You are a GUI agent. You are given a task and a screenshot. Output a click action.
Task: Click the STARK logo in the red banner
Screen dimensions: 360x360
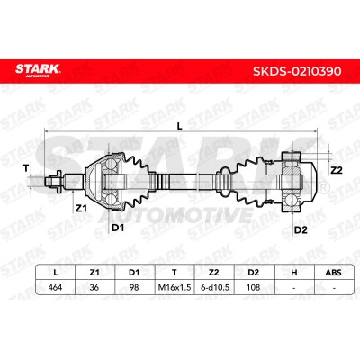pyautogui.click(x=38, y=70)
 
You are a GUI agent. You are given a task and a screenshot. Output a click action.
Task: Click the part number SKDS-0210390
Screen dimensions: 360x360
pyautogui.click(x=297, y=71)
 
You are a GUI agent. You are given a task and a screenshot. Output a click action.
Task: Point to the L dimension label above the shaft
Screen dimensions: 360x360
pyautogui.click(x=179, y=126)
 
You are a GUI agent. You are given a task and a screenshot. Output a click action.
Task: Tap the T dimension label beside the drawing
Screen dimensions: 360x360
pyautogui.click(x=26, y=168)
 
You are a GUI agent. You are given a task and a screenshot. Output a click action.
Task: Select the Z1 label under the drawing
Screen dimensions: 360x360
pyautogui.click(x=81, y=208)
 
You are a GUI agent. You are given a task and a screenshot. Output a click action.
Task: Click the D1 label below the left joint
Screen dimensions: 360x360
pyautogui.click(x=118, y=228)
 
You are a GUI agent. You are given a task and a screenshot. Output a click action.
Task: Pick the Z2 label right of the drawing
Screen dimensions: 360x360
pyautogui.click(x=336, y=170)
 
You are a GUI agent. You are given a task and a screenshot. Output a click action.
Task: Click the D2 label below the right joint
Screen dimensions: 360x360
pyautogui.click(x=301, y=230)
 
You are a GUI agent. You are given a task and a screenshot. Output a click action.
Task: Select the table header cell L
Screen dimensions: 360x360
pyautogui.click(x=55, y=273)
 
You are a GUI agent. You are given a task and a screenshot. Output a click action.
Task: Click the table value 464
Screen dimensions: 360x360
pyautogui.click(x=55, y=287)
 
